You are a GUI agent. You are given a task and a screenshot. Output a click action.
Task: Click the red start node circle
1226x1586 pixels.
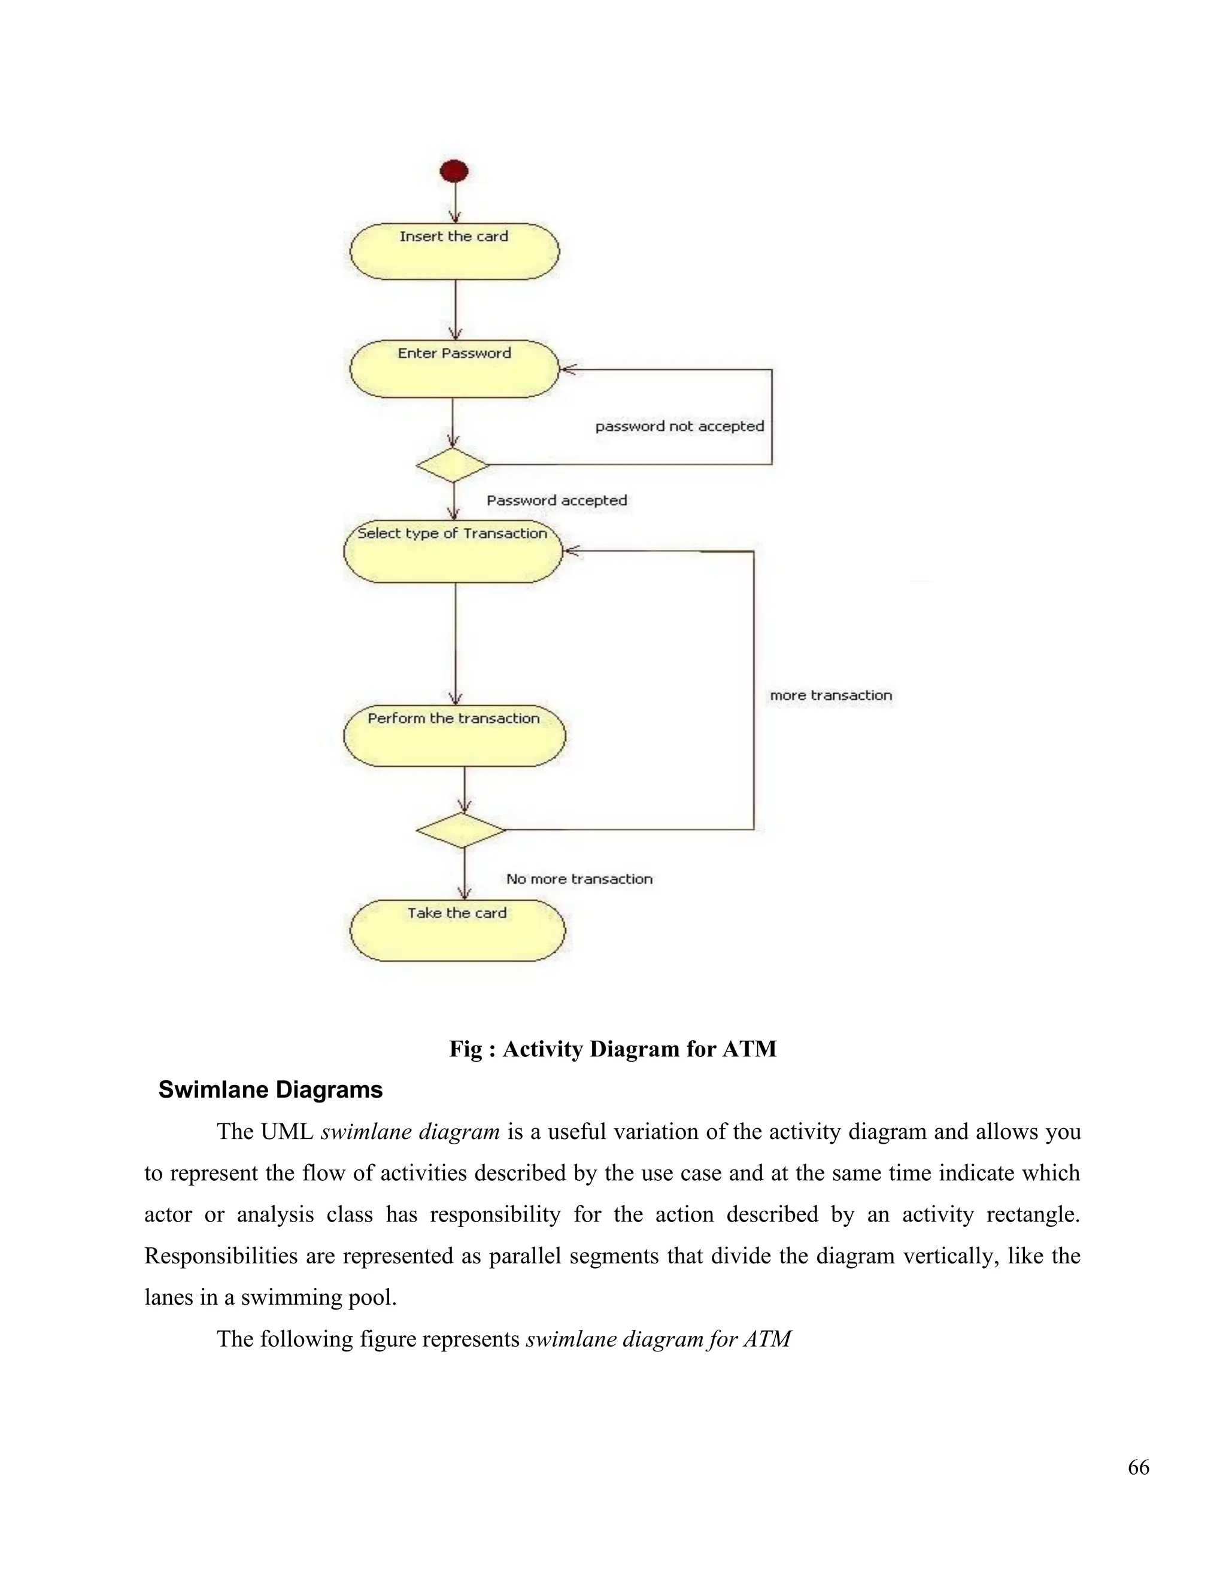click(x=454, y=172)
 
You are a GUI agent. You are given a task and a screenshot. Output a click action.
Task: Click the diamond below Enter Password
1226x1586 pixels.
click(x=453, y=465)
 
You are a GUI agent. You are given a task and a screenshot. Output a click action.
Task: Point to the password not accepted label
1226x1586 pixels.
click(x=679, y=426)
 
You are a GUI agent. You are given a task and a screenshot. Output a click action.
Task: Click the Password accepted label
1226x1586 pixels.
click(x=556, y=500)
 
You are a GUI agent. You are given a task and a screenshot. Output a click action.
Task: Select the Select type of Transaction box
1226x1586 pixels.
click(x=453, y=551)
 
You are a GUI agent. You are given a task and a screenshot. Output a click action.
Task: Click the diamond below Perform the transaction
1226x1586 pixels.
click(x=460, y=830)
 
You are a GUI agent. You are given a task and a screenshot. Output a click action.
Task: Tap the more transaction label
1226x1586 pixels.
click(x=830, y=695)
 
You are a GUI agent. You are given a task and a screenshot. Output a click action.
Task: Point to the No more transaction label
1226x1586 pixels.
click(x=579, y=879)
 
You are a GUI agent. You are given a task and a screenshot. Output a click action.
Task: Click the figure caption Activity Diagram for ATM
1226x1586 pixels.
click(x=612, y=1049)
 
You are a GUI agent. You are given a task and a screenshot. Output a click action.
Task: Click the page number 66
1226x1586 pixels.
click(x=1138, y=1467)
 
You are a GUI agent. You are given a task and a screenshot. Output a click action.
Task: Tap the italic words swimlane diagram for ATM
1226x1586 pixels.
click(x=658, y=1339)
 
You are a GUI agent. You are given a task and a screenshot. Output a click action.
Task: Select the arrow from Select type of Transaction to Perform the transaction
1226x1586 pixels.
click(x=456, y=643)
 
